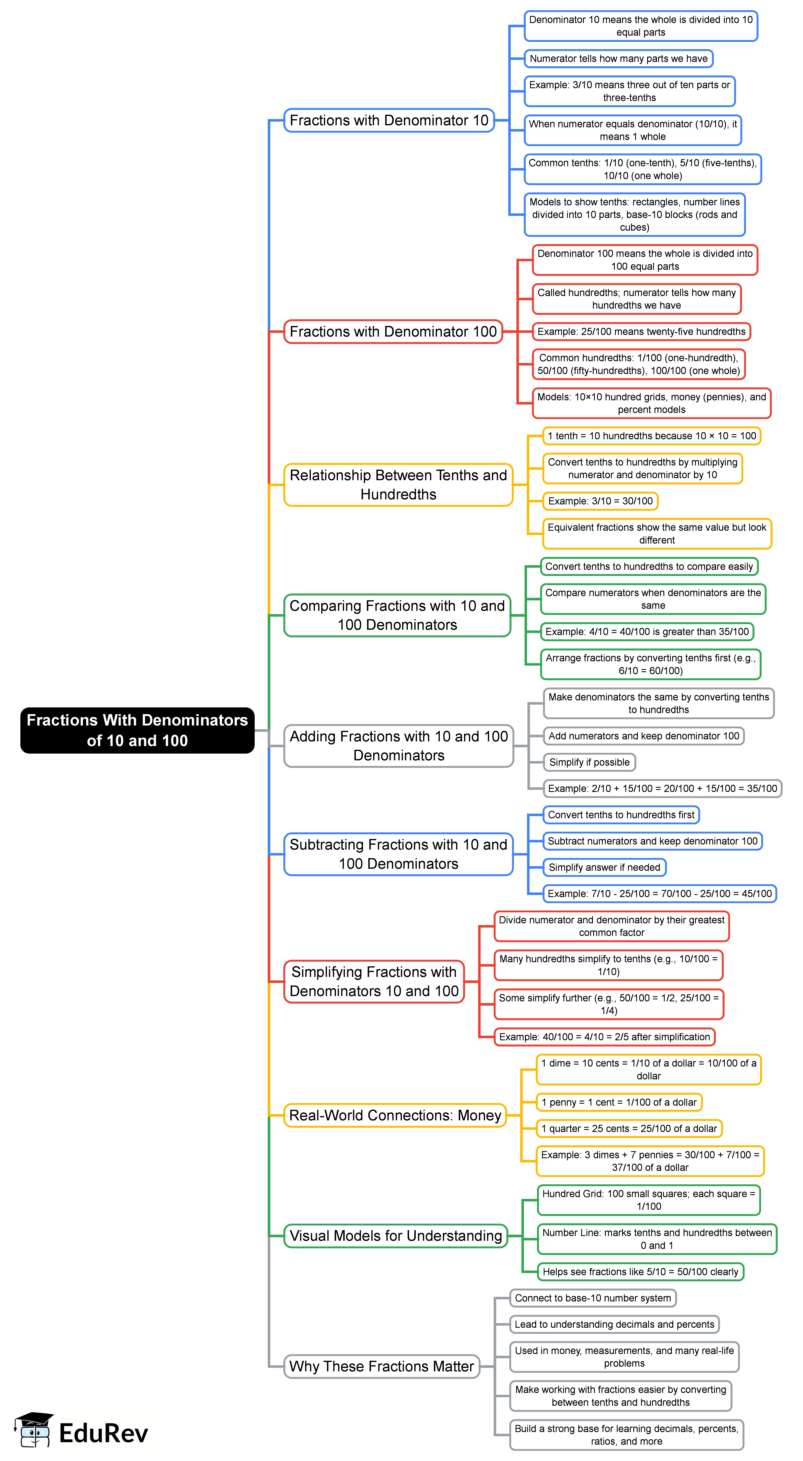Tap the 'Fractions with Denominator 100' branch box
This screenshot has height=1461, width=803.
click(393, 332)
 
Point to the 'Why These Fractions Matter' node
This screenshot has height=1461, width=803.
click(382, 1366)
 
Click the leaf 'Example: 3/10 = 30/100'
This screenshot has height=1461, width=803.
click(600, 501)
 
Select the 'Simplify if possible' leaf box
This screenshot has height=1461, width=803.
click(589, 762)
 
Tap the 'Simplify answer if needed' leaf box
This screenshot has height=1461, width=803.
click(604, 867)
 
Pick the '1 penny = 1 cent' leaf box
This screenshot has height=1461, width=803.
click(619, 1103)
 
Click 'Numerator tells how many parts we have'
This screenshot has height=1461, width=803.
click(618, 58)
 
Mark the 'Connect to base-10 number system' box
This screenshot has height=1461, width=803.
click(593, 1298)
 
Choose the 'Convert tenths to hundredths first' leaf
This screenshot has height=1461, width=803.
click(621, 815)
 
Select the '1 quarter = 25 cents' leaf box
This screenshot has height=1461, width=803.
click(629, 1129)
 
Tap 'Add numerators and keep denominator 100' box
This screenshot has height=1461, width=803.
click(644, 736)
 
